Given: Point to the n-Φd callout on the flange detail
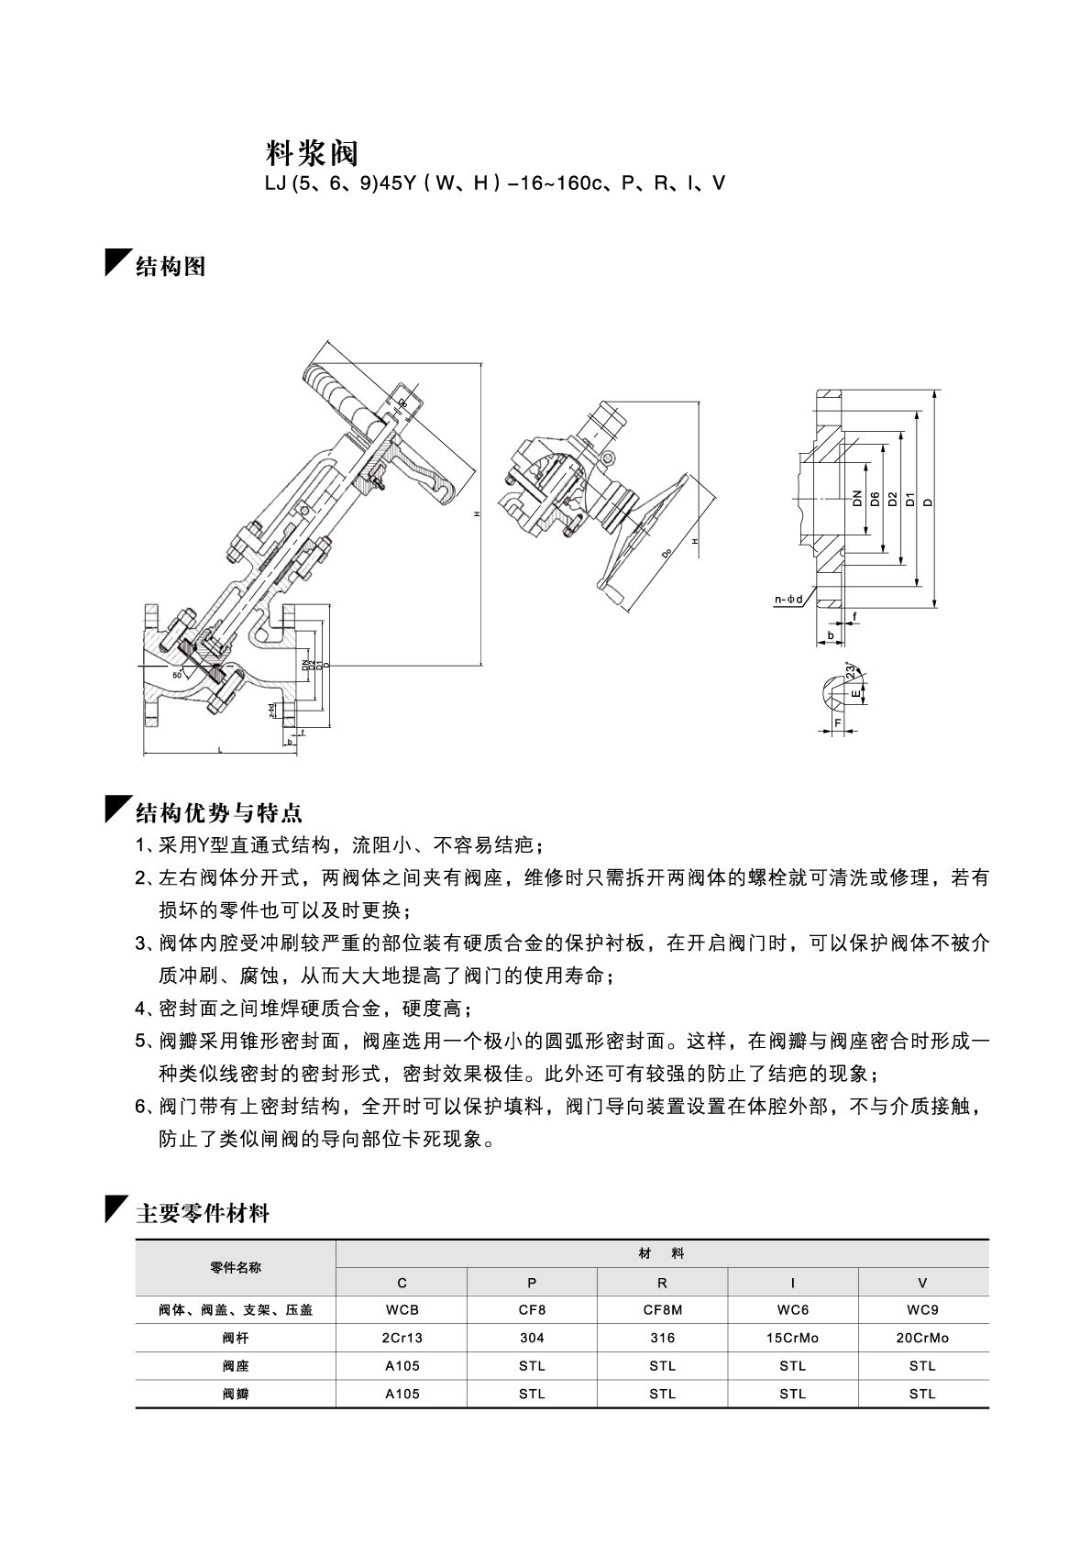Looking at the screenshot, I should [x=788, y=600].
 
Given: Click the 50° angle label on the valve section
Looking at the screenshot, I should [x=177, y=674].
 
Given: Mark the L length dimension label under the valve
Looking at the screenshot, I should [x=220, y=750].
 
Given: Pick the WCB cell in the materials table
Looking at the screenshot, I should [x=402, y=1310].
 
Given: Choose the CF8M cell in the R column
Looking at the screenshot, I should [x=662, y=1310].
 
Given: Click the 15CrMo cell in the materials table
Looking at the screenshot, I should [x=792, y=1338].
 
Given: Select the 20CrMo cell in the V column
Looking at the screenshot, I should [x=922, y=1338].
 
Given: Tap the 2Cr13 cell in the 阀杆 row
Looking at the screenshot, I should [x=402, y=1338].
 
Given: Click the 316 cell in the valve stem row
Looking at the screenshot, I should [x=662, y=1338].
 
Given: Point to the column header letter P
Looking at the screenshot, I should [x=532, y=1283].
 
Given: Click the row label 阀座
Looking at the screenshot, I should [x=236, y=1366].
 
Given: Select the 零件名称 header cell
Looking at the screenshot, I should [x=236, y=1268].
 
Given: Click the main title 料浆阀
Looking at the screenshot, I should [x=312, y=153].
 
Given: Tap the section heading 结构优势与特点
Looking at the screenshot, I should [x=219, y=812].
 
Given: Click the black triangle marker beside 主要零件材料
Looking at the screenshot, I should [x=116, y=1208].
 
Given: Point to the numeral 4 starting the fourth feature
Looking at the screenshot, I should [x=140, y=1009].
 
